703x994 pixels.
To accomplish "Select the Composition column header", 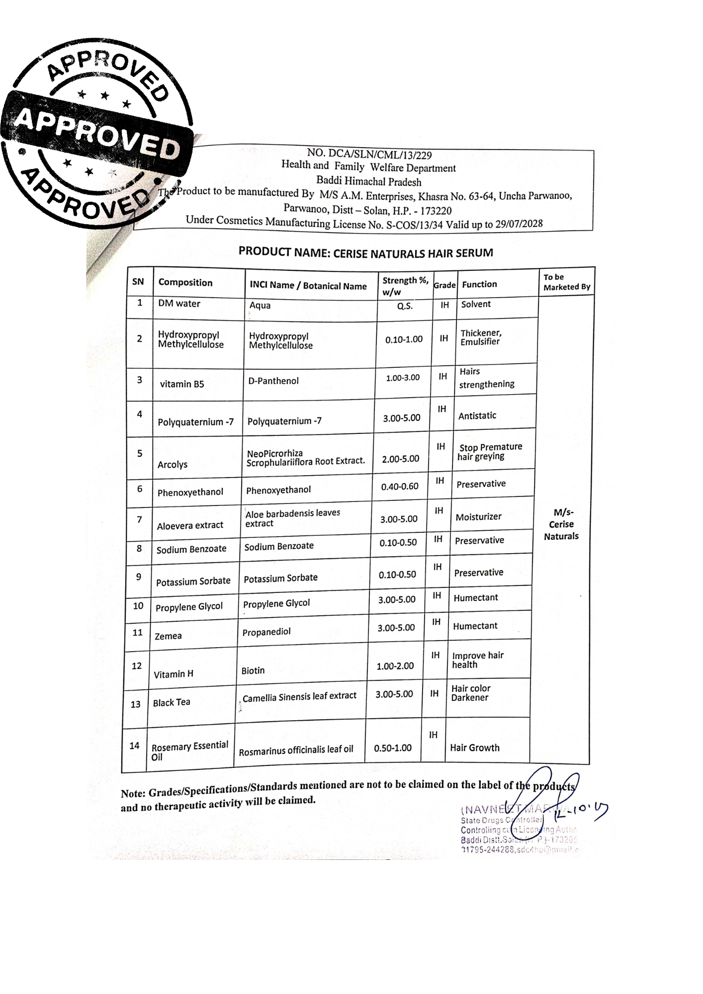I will [185, 283].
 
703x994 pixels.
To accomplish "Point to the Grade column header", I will [444, 285].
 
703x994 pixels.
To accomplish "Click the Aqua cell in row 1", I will [260, 305].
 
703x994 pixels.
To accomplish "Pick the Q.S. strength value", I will [405, 306].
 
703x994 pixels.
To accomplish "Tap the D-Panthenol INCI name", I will [273, 381].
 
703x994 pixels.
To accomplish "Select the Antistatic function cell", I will [477, 415].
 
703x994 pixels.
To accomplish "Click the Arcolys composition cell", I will [173, 465].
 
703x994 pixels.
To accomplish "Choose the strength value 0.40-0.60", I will [400, 487].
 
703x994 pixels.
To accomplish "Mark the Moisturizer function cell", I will [479, 517].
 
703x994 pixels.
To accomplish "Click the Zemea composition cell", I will [168, 636].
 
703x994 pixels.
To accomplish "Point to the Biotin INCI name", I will [253, 671].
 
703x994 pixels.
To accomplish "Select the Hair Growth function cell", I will [475, 748].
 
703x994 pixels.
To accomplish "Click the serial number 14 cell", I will [134, 745].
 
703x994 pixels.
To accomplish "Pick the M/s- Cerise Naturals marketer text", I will [562, 524].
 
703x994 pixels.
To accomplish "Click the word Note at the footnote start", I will [133, 793].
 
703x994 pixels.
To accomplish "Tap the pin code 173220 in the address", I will [436, 211].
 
